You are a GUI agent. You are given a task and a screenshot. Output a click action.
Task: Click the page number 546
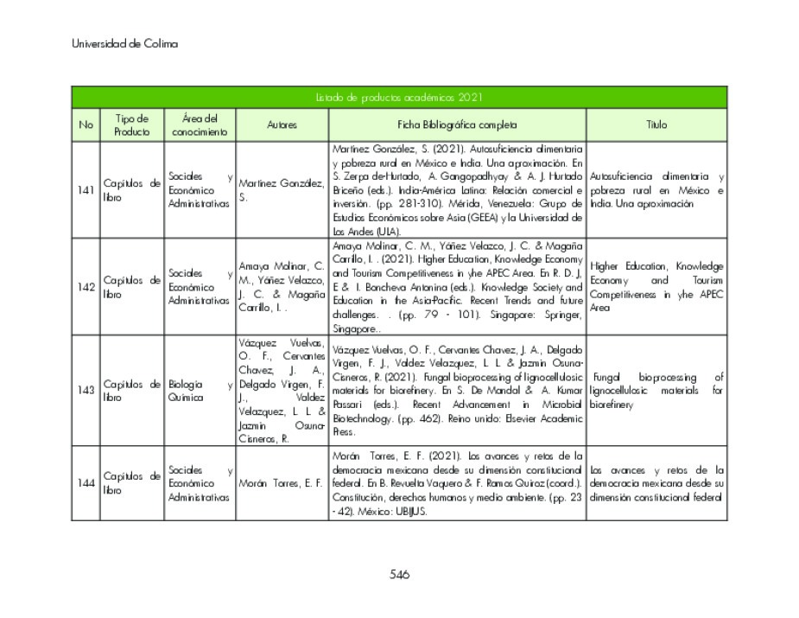[399, 575]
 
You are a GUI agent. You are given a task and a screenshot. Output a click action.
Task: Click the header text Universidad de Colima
[124, 44]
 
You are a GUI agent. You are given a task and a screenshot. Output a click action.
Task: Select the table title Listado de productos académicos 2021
[398, 98]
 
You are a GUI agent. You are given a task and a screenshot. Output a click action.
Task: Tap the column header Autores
[282, 125]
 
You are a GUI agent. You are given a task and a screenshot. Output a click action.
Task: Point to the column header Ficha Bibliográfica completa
[458, 125]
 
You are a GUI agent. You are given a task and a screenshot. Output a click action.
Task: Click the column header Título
[656, 125]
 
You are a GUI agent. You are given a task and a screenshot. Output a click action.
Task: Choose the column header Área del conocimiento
[200, 125]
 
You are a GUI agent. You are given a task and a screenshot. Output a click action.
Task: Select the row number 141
[86, 190]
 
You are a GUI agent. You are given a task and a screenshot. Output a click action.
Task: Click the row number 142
[86, 287]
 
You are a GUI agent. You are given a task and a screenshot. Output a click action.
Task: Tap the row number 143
[86, 390]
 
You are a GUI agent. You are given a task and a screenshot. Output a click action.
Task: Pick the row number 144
[86, 483]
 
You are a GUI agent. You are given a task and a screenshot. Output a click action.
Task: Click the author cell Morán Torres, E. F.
[281, 483]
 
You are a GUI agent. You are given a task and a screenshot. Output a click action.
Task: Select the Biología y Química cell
[200, 390]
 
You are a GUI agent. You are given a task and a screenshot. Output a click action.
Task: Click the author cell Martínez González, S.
[281, 190]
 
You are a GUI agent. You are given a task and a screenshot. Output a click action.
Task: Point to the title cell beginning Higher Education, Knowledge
[656, 287]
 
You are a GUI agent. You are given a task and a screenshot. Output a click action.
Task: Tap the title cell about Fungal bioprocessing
[656, 391]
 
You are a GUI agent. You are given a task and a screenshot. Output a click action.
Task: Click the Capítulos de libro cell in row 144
[131, 483]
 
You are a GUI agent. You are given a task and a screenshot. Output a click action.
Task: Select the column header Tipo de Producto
[131, 125]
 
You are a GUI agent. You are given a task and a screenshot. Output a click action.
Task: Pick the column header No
[86, 125]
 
